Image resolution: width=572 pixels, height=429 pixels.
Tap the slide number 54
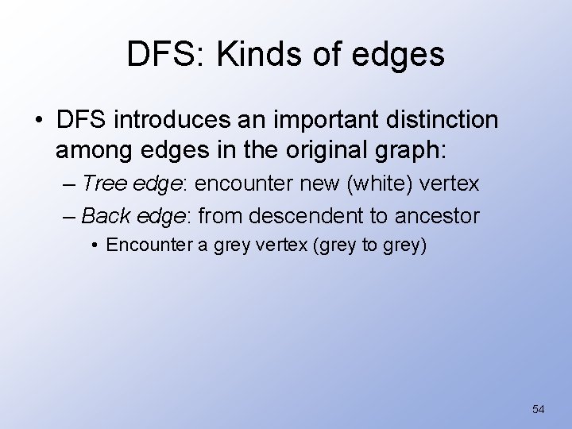point(538,409)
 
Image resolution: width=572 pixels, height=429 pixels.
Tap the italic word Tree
point(101,184)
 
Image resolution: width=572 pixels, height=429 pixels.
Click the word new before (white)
point(315,184)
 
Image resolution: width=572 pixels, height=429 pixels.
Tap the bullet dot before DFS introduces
point(37,122)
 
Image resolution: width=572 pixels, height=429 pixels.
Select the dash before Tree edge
point(70,184)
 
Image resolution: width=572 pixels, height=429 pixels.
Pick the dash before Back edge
point(70,215)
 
